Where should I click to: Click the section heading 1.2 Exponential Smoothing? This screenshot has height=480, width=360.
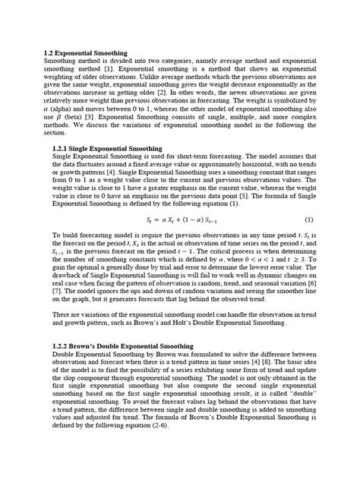[x=85, y=53]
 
